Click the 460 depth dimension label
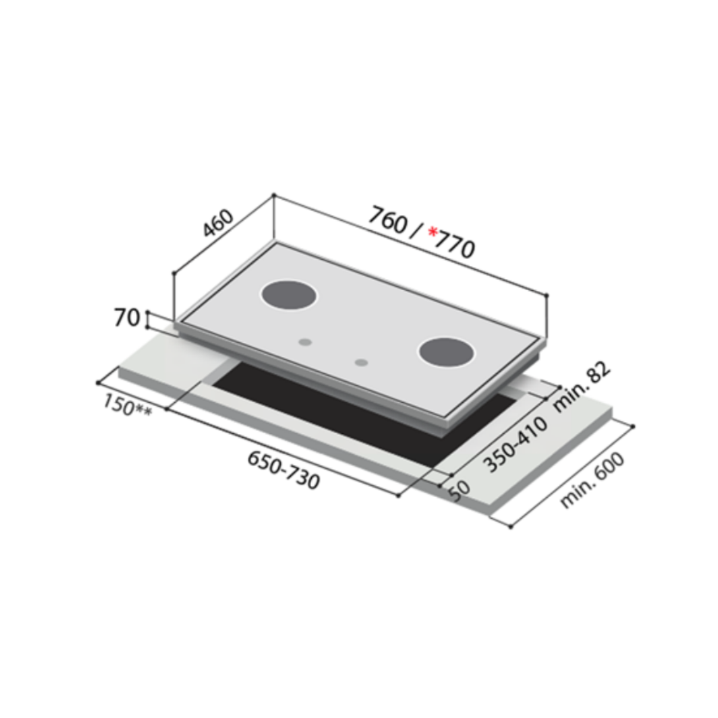pyautogui.click(x=218, y=224)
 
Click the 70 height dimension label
pyautogui.click(x=127, y=318)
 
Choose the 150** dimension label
pyautogui.click(x=127, y=406)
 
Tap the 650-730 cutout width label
pyautogui.click(x=283, y=470)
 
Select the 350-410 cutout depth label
pyautogui.click(x=516, y=445)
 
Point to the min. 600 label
pyautogui.click(x=592, y=480)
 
